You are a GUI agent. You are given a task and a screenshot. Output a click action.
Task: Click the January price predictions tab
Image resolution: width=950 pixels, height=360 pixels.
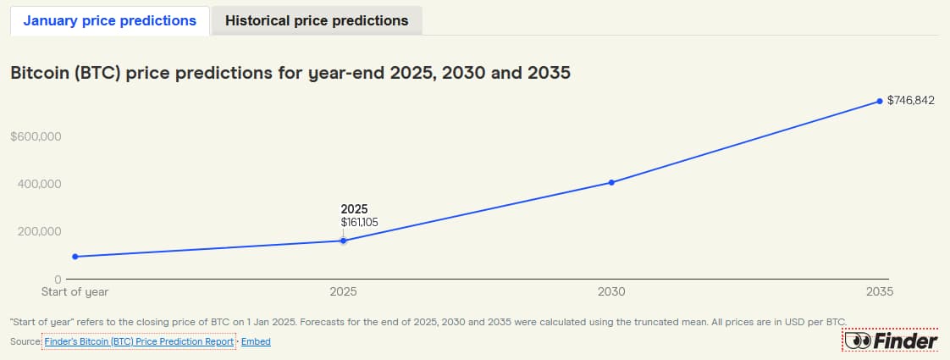point(109,20)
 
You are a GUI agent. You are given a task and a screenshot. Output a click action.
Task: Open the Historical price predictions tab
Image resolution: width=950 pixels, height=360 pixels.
point(317,20)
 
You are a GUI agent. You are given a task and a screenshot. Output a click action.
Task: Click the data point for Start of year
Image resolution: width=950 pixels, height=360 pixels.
point(75,257)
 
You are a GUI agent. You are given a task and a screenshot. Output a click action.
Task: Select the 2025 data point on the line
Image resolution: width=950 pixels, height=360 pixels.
point(343,241)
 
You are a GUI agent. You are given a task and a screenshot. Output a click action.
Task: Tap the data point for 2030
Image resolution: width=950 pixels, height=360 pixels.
point(611,182)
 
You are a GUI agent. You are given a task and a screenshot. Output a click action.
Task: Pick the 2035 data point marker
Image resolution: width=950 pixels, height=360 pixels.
point(879,101)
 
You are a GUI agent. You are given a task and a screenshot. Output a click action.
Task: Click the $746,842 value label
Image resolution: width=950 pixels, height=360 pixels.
point(910,101)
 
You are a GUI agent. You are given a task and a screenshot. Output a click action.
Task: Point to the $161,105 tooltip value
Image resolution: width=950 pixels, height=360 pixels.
point(359,222)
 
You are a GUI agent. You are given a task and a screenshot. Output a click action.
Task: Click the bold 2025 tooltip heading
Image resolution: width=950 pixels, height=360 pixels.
point(354,208)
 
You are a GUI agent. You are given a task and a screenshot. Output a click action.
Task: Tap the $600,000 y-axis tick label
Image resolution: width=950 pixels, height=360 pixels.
point(36,136)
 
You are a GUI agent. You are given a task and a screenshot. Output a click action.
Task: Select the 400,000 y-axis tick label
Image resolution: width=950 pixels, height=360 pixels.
point(38,184)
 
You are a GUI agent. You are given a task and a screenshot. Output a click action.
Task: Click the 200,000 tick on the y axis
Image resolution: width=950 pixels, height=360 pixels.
point(38,231)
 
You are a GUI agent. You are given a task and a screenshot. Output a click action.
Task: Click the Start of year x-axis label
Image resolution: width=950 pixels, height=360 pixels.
point(75,291)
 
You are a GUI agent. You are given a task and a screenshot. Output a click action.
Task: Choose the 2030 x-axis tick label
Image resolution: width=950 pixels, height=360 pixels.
point(611,291)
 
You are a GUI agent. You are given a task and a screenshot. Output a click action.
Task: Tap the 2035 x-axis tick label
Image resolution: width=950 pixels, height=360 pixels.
point(879,291)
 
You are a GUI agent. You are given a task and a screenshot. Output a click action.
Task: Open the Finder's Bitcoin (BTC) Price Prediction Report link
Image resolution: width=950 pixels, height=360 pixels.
point(138,341)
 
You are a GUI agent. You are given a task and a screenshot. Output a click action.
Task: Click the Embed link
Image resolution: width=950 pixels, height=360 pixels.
point(256,341)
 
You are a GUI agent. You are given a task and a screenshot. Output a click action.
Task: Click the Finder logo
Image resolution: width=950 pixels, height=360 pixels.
point(890,341)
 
